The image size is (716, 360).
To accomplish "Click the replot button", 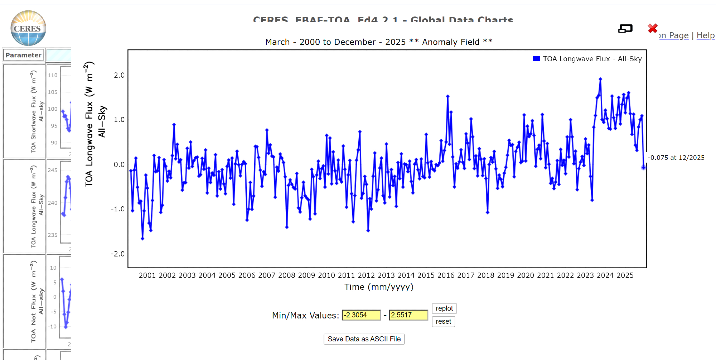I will [x=444, y=308].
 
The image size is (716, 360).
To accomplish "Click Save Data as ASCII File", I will [x=364, y=339].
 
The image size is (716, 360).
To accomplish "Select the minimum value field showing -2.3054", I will [x=361, y=315].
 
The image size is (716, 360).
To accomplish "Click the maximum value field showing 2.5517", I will [x=408, y=315].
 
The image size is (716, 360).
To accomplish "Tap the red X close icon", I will [x=653, y=28].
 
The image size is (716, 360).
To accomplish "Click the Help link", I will [x=705, y=35].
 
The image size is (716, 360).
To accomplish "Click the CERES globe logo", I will [x=28, y=28].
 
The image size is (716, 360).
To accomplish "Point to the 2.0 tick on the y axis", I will [x=119, y=75].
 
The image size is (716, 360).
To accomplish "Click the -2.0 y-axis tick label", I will [x=118, y=254].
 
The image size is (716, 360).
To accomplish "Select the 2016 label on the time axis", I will [x=446, y=275].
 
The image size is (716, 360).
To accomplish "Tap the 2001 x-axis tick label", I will [x=147, y=275].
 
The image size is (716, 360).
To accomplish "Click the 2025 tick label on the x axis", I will [x=625, y=275].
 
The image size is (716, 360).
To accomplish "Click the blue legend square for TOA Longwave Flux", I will [x=536, y=59].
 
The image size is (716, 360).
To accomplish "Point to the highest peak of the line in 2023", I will [x=600, y=79].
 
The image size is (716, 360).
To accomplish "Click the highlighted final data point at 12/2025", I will [x=643, y=167].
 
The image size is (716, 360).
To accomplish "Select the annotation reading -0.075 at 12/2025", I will [x=676, y=158].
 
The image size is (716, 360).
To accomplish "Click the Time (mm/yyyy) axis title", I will [x=379, y=287].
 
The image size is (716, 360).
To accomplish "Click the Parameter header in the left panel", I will [x=24, y=55].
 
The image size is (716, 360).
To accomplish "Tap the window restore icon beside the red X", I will [x=625, y=29].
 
